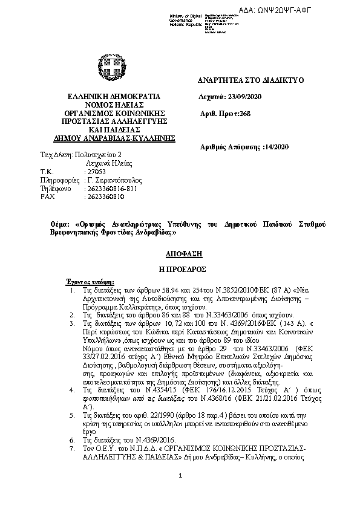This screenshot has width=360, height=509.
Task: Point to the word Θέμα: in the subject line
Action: [x=60, y=224]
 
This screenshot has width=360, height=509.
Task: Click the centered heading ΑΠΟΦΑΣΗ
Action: [x=180, y=254]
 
